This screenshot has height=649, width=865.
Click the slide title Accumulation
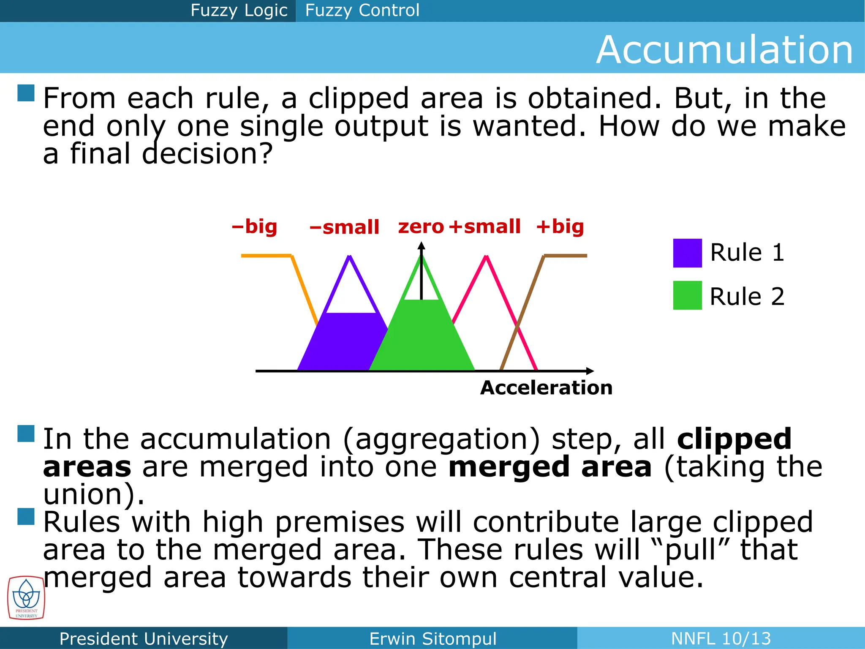point(724,50)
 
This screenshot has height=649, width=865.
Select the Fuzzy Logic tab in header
point(239,10)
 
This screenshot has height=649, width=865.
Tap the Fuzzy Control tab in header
point(362,10)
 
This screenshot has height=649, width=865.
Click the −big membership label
point(255,227)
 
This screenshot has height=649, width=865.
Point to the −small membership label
point(344,227)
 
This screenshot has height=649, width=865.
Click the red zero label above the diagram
point(421,227)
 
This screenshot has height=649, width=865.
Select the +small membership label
point(484,227)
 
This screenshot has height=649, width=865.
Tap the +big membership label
point(560,227)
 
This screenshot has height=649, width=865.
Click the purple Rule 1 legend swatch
point(687,253)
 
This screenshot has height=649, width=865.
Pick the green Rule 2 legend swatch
point(687,295)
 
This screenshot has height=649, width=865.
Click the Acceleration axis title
point(546,388)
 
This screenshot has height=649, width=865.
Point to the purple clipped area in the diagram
point(342,342)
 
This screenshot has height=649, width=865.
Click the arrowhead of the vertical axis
point(421,245)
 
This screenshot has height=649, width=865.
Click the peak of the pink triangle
point(486,256)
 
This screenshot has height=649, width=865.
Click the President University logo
point(26,598)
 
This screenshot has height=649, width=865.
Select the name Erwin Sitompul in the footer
point(432,638)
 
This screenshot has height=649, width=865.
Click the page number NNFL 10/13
point(721,638)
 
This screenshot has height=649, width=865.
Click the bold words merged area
point(550,467)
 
